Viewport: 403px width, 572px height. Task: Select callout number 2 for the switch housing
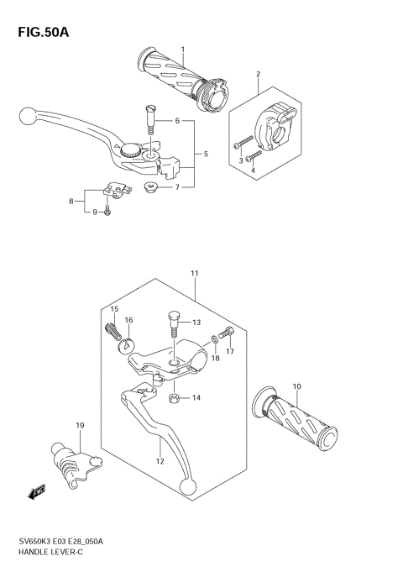click(x=258, y=74)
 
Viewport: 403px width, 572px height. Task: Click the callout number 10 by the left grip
click(x=296, y=386)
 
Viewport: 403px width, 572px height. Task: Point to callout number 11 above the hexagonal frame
click(x=194, y=274)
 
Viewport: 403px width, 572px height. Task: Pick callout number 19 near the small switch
click(x=81, y=427)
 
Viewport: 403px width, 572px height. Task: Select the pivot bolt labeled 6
click(x=151, y=117)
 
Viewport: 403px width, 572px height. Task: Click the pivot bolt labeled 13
click(x=175, y=323)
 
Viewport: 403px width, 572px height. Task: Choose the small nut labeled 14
click(x=174, y=396)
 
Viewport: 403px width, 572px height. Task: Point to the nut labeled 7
click(x=151, y=186)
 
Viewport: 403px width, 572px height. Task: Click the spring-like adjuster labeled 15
click(x=114, y=333)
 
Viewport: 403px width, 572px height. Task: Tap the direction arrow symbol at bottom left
click(x=37, y=492)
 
